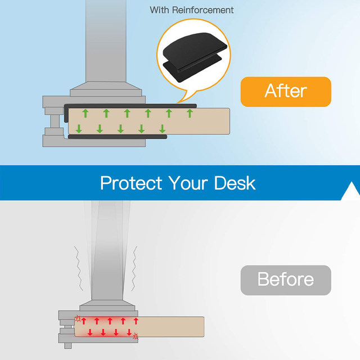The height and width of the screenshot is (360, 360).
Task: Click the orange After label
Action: click(286, 92)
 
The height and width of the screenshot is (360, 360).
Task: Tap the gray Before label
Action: click(286, 280)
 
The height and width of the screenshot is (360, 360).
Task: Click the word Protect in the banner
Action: click(131, 183)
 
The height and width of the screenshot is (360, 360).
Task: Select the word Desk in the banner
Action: click(235, 183)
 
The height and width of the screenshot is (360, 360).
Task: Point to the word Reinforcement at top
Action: click(202, 10)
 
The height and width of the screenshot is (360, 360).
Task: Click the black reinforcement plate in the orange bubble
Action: click(195, 56)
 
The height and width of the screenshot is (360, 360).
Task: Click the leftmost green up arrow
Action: click(85, 114)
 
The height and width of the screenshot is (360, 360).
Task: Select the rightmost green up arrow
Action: click(190, 114)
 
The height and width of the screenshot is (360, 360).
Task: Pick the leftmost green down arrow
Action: click(79, 129)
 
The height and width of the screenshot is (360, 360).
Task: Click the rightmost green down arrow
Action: click(163, 129)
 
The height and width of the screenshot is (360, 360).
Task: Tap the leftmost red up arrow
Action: click(84, 321)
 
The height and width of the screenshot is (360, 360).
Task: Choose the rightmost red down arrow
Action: click(129, 332)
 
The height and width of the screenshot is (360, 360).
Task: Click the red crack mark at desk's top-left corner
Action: click(78, 318)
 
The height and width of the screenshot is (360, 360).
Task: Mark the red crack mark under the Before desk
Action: click(136, 336)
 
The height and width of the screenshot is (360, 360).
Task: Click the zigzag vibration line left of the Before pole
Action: click(79, 268)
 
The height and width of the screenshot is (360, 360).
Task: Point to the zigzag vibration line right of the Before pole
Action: click(134, 269)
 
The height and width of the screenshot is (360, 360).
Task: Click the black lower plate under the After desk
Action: click(118, 137)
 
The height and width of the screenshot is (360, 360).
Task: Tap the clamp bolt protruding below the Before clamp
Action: click(67, 345)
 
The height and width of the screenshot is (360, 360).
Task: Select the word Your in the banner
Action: click(188, 183)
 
